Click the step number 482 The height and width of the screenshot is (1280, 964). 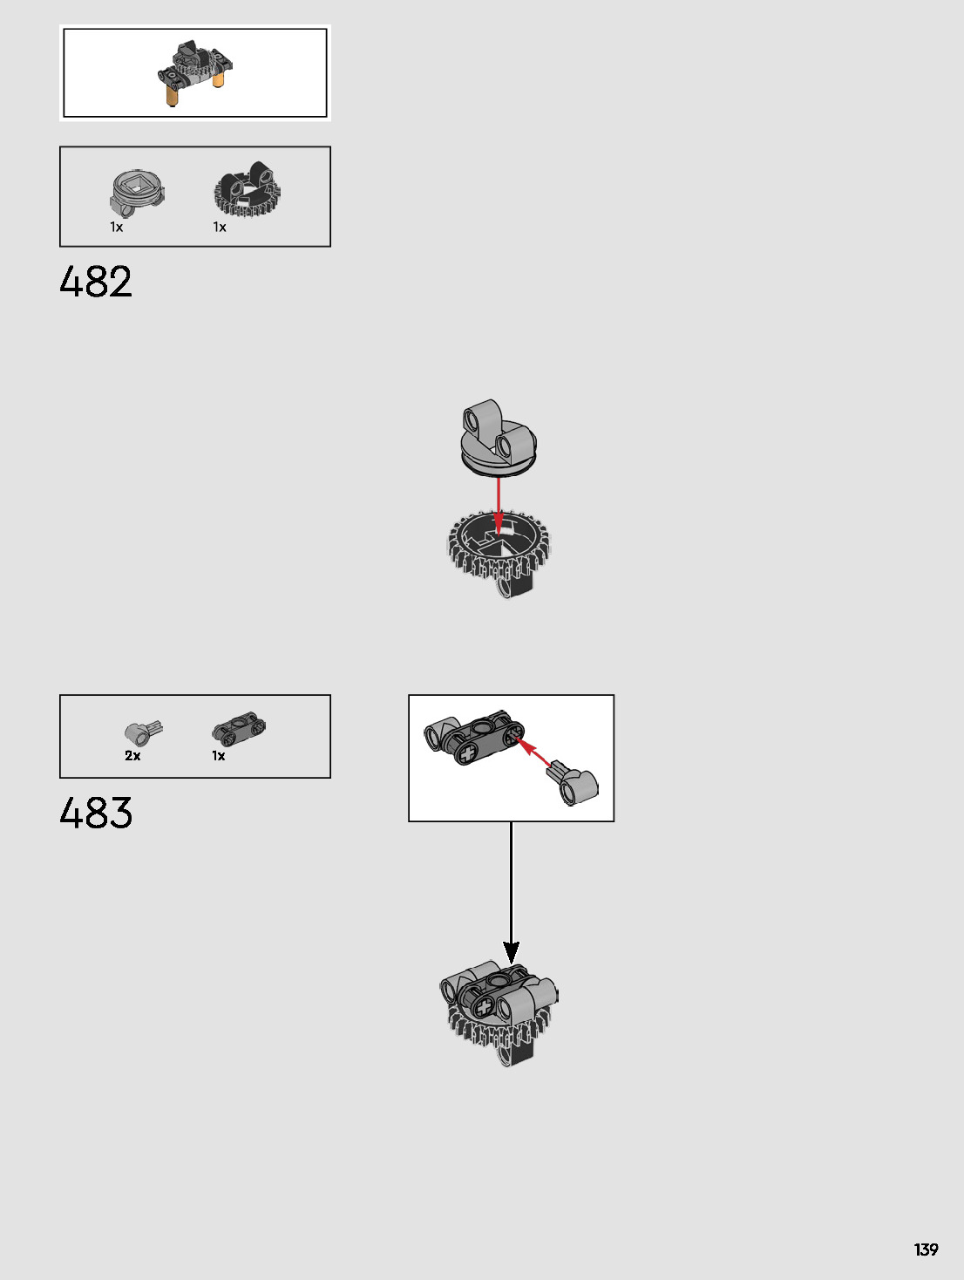tap(96, 282)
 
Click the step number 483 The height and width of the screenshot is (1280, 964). tap(96, 813)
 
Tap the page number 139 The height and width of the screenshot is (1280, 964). tap(926, 1249)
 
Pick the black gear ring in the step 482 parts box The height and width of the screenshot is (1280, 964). tap(247, 190)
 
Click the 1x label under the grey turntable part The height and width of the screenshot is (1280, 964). tap(116, 227)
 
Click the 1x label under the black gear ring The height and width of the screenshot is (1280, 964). tap(220, 227)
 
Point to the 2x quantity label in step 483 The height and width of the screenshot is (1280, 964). tap(132, 756)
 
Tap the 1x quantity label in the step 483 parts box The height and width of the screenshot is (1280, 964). tap(219, 756)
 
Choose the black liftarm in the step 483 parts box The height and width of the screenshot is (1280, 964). tap(239, 727)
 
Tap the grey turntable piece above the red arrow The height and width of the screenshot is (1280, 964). tap(498, 438)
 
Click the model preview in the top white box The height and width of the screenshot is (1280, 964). tap(196, 73)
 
